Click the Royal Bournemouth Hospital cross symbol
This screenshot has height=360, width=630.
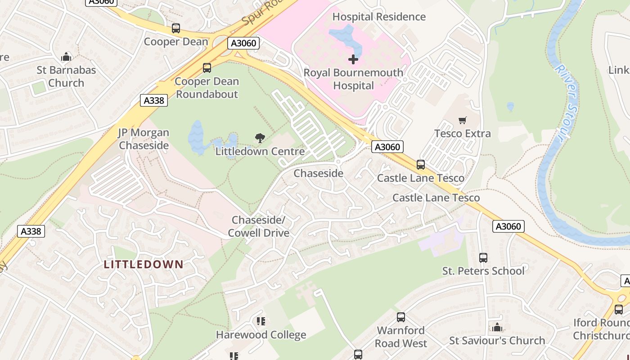point(353,59)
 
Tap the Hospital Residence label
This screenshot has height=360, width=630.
point(379,17)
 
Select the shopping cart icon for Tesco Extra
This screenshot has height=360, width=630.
point(462,120)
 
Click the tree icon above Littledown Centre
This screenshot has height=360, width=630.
point(260,138)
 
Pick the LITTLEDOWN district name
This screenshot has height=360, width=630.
point(144,264)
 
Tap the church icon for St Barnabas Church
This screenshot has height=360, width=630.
point(66,57)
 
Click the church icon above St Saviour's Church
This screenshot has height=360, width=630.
point(497,327)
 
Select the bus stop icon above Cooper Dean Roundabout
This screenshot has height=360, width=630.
point(207,68)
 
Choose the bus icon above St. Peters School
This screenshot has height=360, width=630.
point(483,258)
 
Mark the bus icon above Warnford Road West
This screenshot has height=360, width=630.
point(401,317)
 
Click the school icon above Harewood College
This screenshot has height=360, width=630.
point(261,321)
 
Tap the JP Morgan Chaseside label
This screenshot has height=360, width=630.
point(144,139)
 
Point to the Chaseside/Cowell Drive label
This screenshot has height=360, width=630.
point(258,226)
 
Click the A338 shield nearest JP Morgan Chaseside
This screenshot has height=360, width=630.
point(154,100)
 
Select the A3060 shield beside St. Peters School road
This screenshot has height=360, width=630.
point(508,226)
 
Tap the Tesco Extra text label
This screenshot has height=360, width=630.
point(462,134)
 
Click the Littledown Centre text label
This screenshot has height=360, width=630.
point(260,152)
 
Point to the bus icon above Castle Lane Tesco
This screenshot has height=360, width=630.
point(420,165)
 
